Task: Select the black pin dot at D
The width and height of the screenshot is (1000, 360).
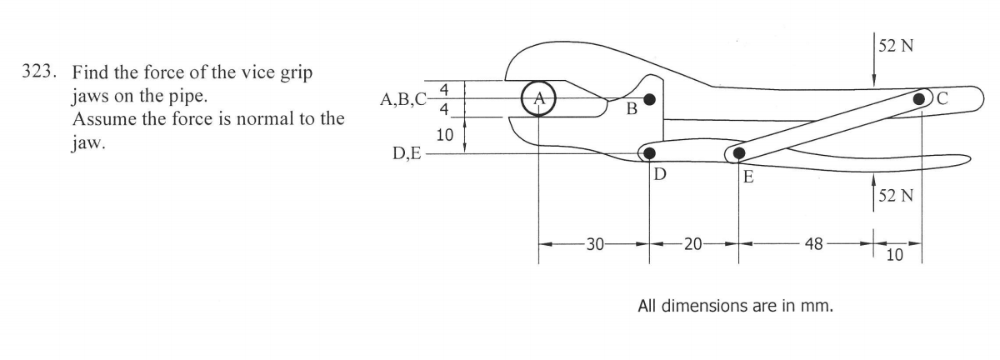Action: pos(650,153)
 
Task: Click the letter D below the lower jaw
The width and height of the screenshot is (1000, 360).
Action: pos(660,174)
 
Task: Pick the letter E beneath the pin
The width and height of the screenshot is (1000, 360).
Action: pos(747,176)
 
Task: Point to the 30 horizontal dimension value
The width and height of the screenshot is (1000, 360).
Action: pos(594,244)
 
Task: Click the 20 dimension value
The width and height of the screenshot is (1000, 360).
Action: pos(692,244)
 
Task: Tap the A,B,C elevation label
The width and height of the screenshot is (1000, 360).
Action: pos(403,100)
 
